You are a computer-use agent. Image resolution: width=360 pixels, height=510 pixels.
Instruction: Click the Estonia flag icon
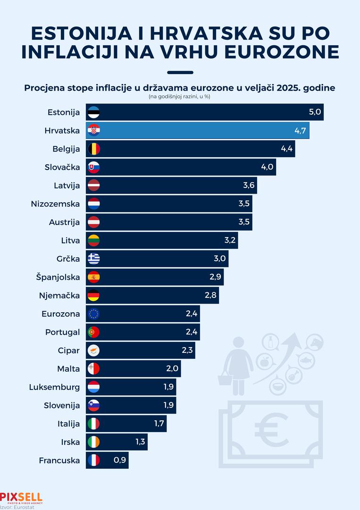pyautogui.click(x=94, y=112)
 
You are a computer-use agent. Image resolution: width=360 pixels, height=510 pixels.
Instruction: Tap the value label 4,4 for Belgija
pyautogui.click(x=287, y=149)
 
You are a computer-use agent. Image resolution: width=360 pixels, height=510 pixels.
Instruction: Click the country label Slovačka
pyautogui.click(x=62, y=167)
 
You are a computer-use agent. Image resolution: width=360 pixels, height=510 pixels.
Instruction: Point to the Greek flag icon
pyautogui.click(x=94, y=259)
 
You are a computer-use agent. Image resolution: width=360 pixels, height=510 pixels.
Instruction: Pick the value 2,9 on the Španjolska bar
pyautogui.click(x=216, y=277)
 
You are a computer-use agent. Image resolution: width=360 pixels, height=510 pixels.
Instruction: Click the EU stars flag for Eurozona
pyautogui.click(x=94, y=314)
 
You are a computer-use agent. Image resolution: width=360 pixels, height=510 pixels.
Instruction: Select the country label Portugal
pyautogui.click(x=62, y=332)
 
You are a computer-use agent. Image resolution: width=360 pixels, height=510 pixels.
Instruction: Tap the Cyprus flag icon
pyautogui.click(x=94, y=350)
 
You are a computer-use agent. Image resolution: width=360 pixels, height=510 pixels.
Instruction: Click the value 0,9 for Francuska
pyautogui.click(x=120, y=460)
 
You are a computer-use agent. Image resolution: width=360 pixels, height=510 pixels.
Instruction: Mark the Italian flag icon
pyautogui.click(x=94, y=424)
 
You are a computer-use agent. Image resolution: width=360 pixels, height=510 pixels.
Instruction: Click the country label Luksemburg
pyautogui.click(x=54, y=387)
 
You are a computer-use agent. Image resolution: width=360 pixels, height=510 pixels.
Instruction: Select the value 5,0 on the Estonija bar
pyautogui.click(x=315, y=112)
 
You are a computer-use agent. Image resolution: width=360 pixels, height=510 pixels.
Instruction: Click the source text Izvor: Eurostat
pyautogui.click(x=14, y=507)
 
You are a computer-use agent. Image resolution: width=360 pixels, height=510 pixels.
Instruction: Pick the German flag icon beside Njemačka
pyautogui.click(x=94, y=296)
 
